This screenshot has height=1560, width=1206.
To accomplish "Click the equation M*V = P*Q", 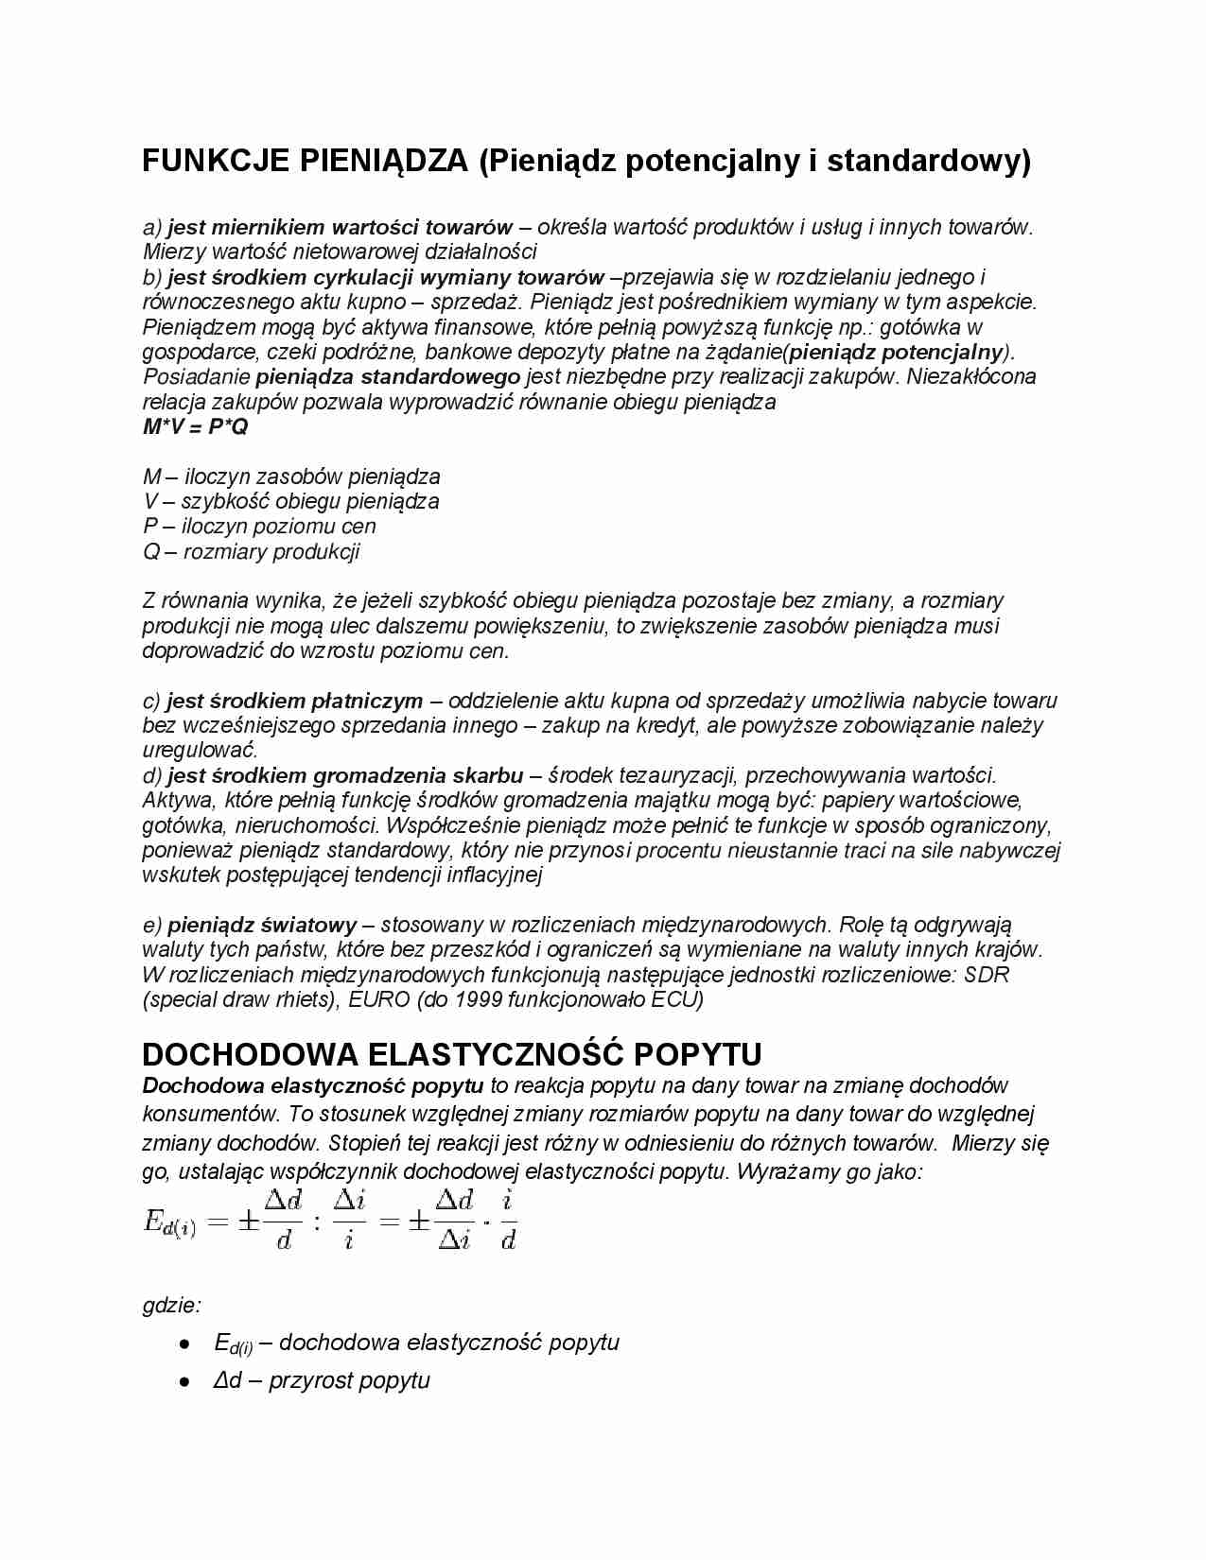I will (195, 427).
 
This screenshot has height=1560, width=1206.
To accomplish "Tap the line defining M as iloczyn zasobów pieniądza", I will (291, 477).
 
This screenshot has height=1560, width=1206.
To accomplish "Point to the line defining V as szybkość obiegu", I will (290, 501).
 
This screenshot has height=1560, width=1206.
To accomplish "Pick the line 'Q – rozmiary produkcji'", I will (251, 552).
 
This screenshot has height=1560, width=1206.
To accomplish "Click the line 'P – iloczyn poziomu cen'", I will (259, 527).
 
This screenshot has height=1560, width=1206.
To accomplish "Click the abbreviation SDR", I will (987, 975).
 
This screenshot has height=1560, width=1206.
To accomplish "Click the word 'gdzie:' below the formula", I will (171, 1306).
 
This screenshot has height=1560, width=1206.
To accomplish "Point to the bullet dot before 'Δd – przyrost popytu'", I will (184, 1381).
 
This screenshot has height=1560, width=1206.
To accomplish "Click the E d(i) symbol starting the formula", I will (169, 1222).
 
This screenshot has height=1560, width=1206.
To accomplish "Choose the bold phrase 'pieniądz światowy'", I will (262, 925).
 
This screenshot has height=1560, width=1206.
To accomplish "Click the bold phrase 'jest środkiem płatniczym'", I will (295, 701).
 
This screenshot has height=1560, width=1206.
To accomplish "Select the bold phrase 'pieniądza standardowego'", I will (388, 376).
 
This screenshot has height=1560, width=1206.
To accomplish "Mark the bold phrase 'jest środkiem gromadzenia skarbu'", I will (345, 776).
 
